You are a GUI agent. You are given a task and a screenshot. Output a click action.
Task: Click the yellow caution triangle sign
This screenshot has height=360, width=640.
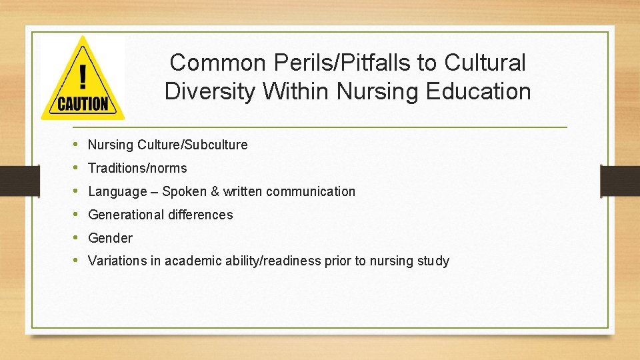pyautogui.click(x=82, y=80)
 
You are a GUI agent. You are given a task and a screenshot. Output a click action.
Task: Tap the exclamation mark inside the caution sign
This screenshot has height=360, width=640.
pyautogui.click(x=83, y=76)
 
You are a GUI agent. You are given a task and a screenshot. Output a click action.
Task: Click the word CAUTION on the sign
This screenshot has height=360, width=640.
pyautogui.click(x=83, y=104)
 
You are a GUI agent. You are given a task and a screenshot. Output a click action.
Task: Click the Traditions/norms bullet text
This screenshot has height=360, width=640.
pyautogui.click(x=137, y=168)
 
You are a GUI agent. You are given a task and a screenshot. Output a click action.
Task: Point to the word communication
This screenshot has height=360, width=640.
pyautogui.click(x=311, y=191)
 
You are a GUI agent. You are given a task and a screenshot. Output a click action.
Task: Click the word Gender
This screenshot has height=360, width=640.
pyautogui.click(x=110, y=238)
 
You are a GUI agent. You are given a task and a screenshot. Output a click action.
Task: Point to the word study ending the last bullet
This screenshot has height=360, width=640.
pyautogui.click(x=434, y=261)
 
